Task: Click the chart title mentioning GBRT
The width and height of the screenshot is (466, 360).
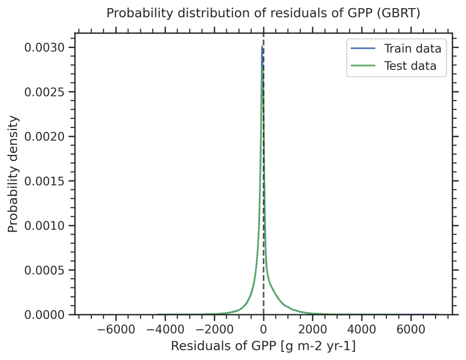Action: coord(263,14)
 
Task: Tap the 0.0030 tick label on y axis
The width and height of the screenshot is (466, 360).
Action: coord(45,48)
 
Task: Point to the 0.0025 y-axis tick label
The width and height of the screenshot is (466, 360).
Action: coord(45,92)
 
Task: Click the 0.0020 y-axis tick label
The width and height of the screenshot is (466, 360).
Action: coord(45,137)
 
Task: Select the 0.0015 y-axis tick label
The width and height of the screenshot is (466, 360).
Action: coord(45,181)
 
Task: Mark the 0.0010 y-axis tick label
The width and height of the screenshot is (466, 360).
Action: coord(45,226)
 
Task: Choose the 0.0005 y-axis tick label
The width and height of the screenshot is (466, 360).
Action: coord(45,270)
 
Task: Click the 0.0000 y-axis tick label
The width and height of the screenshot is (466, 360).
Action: coord(45,315)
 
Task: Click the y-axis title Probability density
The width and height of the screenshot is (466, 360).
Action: coord(14,174)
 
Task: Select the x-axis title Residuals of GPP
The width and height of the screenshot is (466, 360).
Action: coord(263,346)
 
